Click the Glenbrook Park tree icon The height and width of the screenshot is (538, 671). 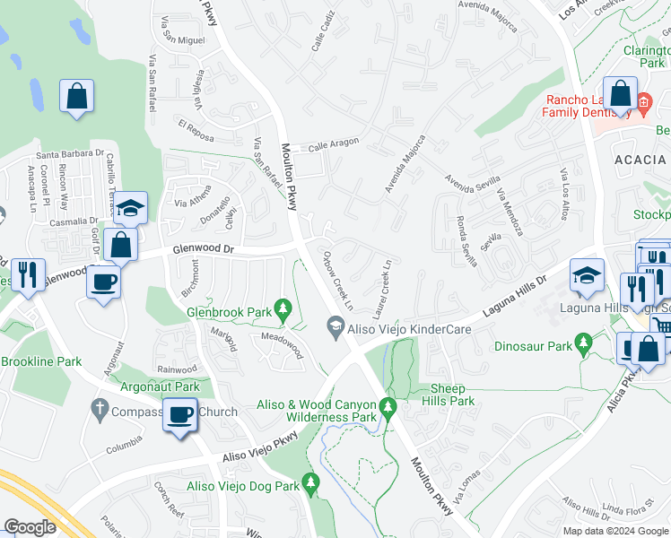click(284, 310)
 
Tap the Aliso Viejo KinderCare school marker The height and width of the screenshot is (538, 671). click(335, 329)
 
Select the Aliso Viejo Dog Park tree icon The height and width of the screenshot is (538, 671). click(310, 483)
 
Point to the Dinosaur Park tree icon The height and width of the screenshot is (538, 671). click(584, 343)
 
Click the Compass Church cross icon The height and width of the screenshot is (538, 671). click(100, 412)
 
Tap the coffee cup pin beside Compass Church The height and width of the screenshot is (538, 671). click(179, 416)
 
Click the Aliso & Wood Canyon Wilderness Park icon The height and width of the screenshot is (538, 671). click(388, 410)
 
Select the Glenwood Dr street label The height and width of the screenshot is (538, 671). click(202, 251)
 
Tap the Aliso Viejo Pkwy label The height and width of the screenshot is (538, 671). click(260, 453)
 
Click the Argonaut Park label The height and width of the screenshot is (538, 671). click(161, 386)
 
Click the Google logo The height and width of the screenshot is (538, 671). click(30, 527)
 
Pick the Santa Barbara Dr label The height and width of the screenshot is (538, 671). click(69, 153)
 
